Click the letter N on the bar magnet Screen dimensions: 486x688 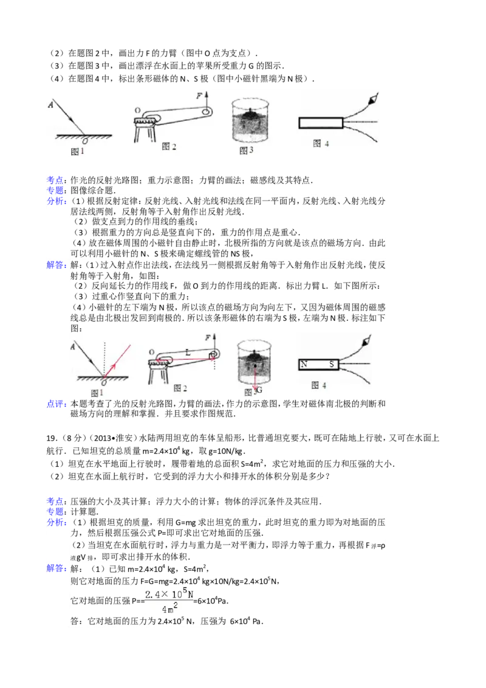tap(304, 364)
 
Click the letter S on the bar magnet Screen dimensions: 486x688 tap(332, 364)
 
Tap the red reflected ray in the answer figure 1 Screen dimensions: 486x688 tap(118, 360)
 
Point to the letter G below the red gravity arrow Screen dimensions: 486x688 tap(259, 390)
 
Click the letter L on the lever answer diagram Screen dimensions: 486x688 tap(188, 352)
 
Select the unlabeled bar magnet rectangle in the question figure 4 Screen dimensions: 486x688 tap(321, 122)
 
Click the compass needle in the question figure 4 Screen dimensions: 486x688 tap(372, 98)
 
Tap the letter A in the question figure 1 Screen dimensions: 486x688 tap(51, 105)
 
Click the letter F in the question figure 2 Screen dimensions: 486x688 tap(199, 95)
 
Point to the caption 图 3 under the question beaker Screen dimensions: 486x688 tap(246, 151)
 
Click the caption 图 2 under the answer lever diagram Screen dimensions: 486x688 tap(180, 388)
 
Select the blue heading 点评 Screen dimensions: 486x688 tap(56, 404)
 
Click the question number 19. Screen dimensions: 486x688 tap(52, 438)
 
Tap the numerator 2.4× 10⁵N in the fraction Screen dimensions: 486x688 tap(169, 594)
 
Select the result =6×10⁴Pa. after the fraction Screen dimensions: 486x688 tap(211, 600)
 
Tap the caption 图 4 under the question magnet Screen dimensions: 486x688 tap(321, 143)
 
